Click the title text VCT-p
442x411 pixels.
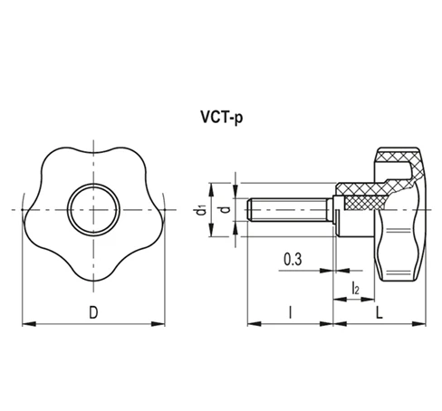[221, 118]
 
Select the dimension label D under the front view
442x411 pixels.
[93, 312]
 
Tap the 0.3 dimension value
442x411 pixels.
[293, 260]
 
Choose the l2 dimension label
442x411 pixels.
[356, 289]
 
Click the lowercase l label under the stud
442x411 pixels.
[289, 312]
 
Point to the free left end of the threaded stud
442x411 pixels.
[250, 209]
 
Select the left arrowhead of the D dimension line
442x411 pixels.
[25, 323]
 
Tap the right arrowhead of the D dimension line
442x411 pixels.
[163, 323]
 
